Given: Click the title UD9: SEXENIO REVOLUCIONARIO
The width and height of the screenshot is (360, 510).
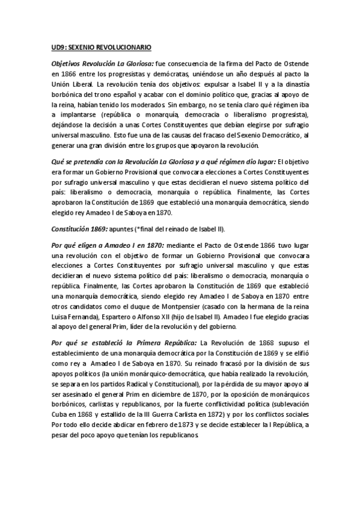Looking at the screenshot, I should [101, 46].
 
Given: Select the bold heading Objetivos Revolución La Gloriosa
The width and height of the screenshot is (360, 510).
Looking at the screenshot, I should [102, 63].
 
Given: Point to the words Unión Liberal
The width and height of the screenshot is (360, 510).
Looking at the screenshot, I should [67, 84].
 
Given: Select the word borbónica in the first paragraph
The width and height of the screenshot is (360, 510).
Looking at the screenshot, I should [69, 95].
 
